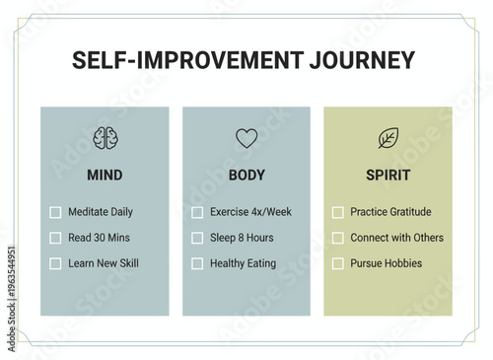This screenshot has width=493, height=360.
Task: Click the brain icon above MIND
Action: [105, 138]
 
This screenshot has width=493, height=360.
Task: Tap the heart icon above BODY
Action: [246, 138]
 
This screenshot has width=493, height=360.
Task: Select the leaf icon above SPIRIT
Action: [388, 138]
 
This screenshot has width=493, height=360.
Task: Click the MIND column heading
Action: [105, 176]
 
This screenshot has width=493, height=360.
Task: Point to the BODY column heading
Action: [246, 176]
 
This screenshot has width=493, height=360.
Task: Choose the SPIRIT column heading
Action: [387, 176]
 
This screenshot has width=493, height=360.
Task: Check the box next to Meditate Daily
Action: [55, 212]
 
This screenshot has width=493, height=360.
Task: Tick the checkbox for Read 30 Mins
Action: [55, 238]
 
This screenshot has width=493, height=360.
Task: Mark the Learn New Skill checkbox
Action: [55, 263]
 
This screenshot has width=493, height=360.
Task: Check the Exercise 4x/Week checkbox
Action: [197, 212]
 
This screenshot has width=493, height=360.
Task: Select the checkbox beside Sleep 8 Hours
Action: [197, 238]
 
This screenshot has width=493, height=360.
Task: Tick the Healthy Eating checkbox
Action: [197, 263]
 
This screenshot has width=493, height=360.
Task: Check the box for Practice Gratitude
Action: [338, 212]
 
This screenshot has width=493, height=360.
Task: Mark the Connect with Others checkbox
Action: [338, 238]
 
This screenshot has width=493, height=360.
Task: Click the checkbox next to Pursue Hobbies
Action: [338, 263]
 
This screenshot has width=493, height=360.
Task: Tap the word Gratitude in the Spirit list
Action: [410, 212]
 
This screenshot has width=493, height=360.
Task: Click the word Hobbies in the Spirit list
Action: [402, 263]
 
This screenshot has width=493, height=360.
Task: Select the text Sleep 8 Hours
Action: [242, 238]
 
